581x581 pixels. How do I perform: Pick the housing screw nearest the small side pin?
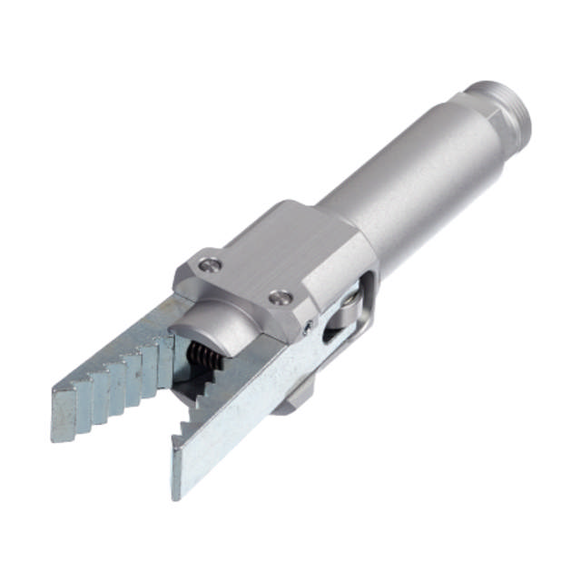(281, 296)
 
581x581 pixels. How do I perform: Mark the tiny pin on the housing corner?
(309, 329)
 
